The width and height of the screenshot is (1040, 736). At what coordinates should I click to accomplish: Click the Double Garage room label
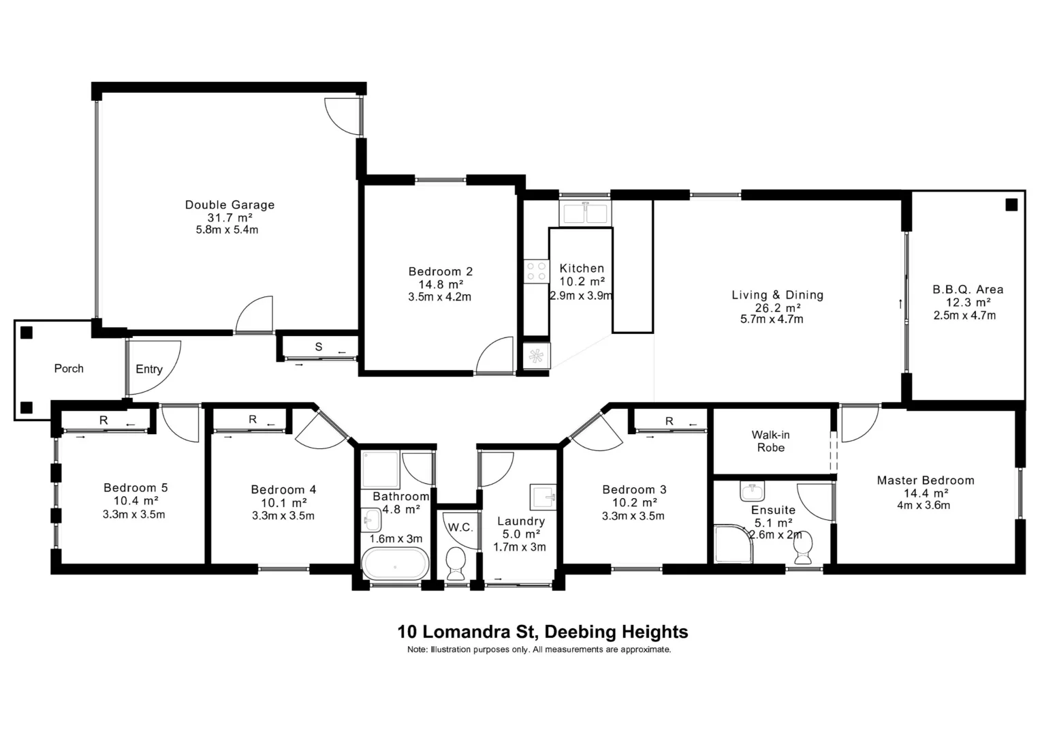click(230, 204)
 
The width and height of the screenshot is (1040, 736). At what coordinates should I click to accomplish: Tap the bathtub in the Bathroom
click(395, 564)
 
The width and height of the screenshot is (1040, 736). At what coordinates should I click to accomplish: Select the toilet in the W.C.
click(455, 563)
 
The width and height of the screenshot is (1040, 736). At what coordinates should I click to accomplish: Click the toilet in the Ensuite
click(803, 549)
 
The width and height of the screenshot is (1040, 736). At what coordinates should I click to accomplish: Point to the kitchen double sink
click(584, 213)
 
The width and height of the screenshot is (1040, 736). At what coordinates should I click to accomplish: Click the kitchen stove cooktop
click(536, 271)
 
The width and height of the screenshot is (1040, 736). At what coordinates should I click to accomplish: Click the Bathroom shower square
click(380, 469)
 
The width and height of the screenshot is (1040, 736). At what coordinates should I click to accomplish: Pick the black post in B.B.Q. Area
click(1011, 204)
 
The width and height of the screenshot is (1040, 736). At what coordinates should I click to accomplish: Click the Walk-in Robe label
click(770, 441)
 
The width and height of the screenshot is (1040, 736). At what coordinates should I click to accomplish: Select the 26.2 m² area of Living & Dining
click(777, 308)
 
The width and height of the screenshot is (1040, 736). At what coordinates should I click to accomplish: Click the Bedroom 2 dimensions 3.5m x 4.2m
click(439, 297)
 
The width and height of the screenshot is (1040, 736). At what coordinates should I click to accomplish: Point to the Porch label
click(69, 368)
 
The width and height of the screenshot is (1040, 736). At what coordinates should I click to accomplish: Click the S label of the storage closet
click(318, 347)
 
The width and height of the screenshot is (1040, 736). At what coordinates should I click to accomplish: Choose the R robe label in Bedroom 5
click(104, 420)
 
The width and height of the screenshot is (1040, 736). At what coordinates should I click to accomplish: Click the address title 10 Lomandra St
click(542, 632)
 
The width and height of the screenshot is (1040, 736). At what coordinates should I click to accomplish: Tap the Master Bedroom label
click(925, 480)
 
